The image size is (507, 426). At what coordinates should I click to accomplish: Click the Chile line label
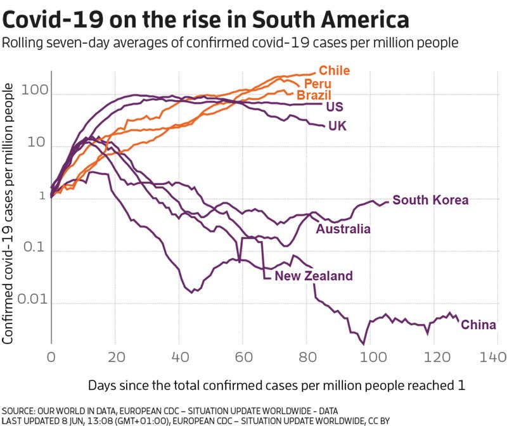(334, 70)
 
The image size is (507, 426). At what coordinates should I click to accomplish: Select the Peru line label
(318, 84)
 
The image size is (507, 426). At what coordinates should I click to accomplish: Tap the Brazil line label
(314, 95)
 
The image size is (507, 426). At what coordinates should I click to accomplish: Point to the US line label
(334, 106)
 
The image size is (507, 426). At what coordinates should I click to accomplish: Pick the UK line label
(337, 127)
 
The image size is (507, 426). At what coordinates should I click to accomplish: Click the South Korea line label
(430, 200)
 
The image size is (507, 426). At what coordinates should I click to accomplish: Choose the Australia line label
(343, 229)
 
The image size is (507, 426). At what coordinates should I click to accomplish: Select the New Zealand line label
(313, 276)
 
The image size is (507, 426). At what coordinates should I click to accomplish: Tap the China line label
(478, 325)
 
